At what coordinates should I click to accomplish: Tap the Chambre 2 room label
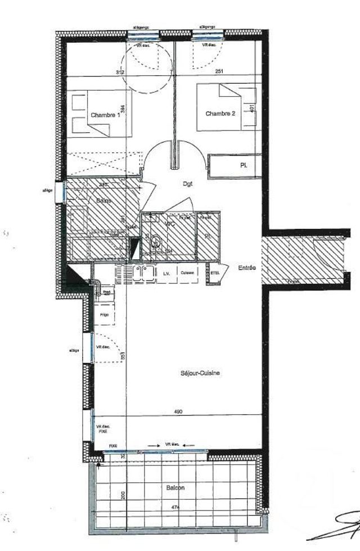pyautogui.click(x=220, y=114)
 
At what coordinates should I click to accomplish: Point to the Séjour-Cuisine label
pyautogui.click(x=200, y=373)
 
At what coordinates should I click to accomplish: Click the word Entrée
pyautogui.click(x=246, y=268)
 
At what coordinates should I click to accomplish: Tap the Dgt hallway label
pyautogui.click(x=188, y=183)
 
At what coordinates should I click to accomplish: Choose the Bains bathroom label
pyautogui.click(x=103, y=201)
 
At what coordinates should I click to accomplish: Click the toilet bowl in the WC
pyautogui.click(x=157, y=243)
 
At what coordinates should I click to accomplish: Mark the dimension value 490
pyautogui.click(x=178, y=412)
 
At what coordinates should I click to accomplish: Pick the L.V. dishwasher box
pyautogui.click(x=166, y=273)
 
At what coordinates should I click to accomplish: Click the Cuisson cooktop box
pyautogui.click(x=187, y=273)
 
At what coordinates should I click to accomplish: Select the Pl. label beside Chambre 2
pyautogui.click(x=244, y=166)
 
